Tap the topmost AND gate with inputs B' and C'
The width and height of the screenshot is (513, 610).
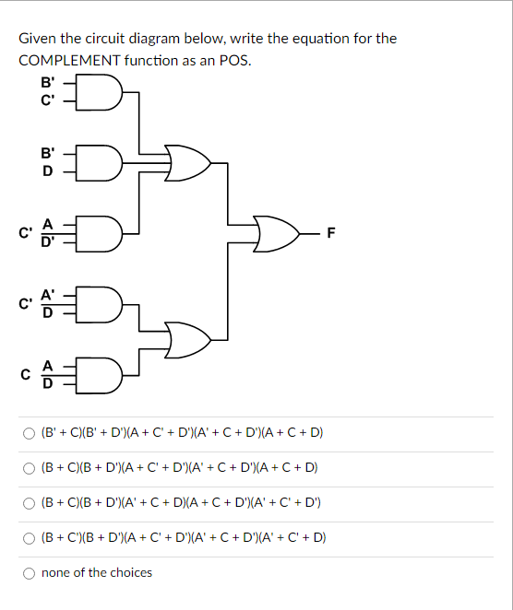104,91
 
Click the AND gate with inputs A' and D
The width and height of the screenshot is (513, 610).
104,301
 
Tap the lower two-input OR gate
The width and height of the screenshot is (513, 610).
188,338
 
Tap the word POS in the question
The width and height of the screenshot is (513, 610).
234,60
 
